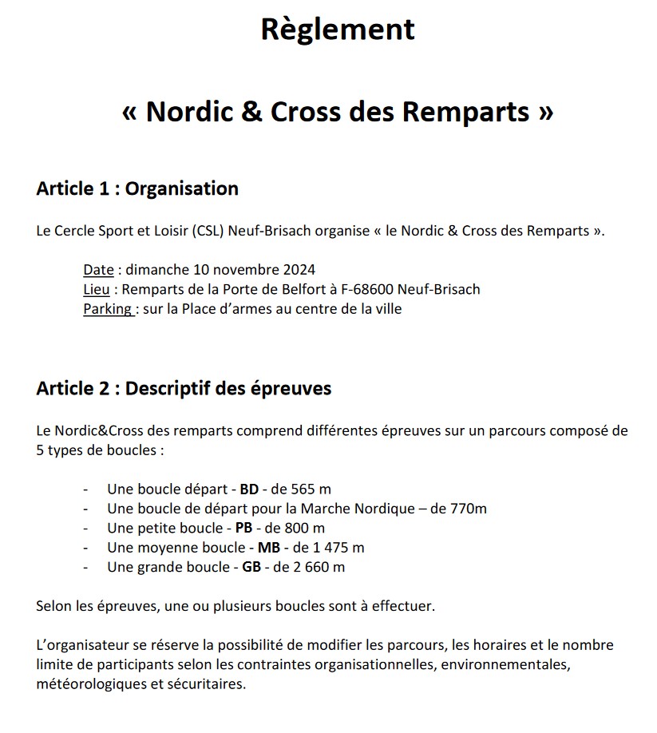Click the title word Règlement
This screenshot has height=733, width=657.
[x=338, y=30]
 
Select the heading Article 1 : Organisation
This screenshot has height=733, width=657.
[x=137, y=188]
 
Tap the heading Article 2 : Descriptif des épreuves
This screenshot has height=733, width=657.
[x=184, y=388]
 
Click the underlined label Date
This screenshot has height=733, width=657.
[x=98, y=270]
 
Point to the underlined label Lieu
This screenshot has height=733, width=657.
[x=97, y=289]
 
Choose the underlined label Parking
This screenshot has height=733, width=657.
[x=107, y=308]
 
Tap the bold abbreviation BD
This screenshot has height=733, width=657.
[x=249, y=489]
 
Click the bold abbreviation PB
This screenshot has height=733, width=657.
[x=244, y=528]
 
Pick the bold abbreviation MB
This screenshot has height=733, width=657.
[x=268, y=548]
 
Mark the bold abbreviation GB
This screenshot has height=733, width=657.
[x=251, y=567]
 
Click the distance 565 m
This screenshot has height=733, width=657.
[x=311, y=489]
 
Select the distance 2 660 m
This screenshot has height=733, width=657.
[x=318, y=567]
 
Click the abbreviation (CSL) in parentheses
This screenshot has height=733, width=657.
[x=208, y=232]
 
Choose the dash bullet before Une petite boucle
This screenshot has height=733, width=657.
[x=85, y=528]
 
